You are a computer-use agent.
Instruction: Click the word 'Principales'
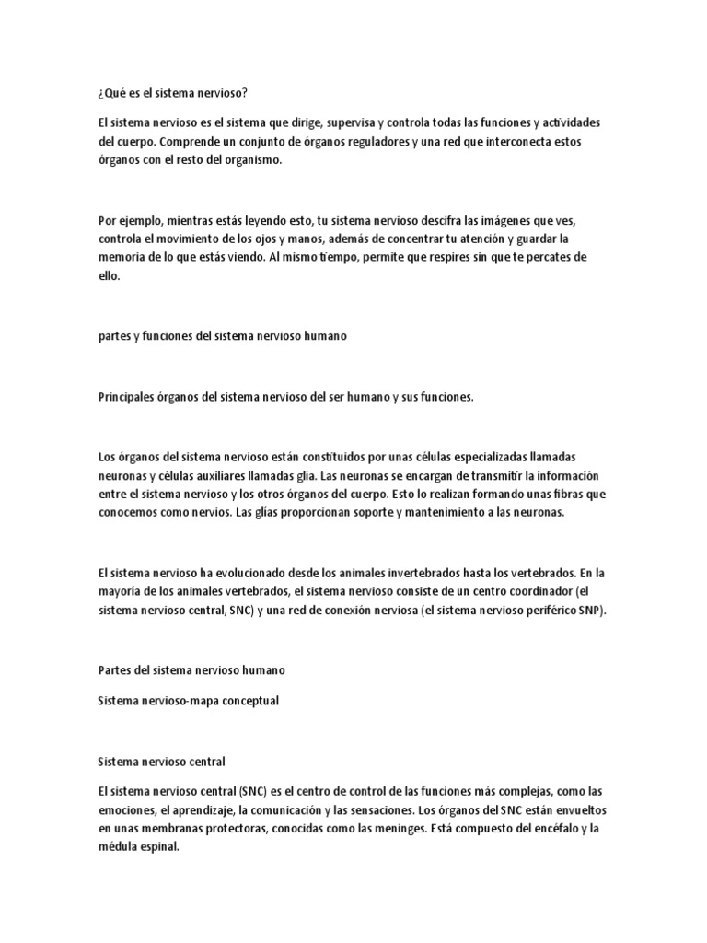pyautogui.click(x=126, y=397)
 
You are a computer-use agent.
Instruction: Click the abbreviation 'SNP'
pyautogui.click(x=592, y=611)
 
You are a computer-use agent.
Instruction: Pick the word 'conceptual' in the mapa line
pyautogui.click(x=249, y=701)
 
